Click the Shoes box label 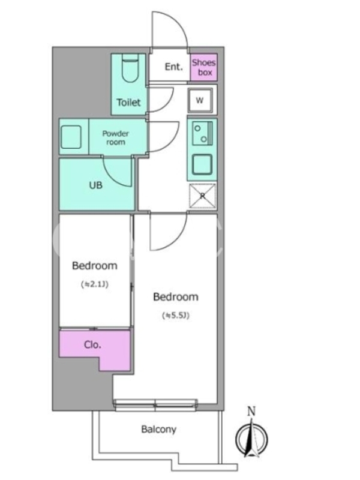pos(204,67)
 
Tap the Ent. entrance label pos(173,67)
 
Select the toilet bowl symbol pos(130,68)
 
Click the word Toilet pos(128,102)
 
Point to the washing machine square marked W pos(200,100)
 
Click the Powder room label pos(115,138)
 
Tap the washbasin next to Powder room pos(71,137)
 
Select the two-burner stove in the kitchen pos(202,133)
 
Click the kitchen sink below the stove pos(202,164)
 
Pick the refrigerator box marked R pos(202,196)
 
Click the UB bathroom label pos(95,185)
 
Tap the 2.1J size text pos(95,284)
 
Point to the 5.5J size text pos(176,316)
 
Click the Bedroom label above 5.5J pos(176,297)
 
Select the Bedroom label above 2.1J pos(95,266)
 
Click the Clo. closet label pos(92,344)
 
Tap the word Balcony pos(158,430)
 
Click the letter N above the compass pos(251,411)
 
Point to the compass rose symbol pos(251,439)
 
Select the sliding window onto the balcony pos(155,404)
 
